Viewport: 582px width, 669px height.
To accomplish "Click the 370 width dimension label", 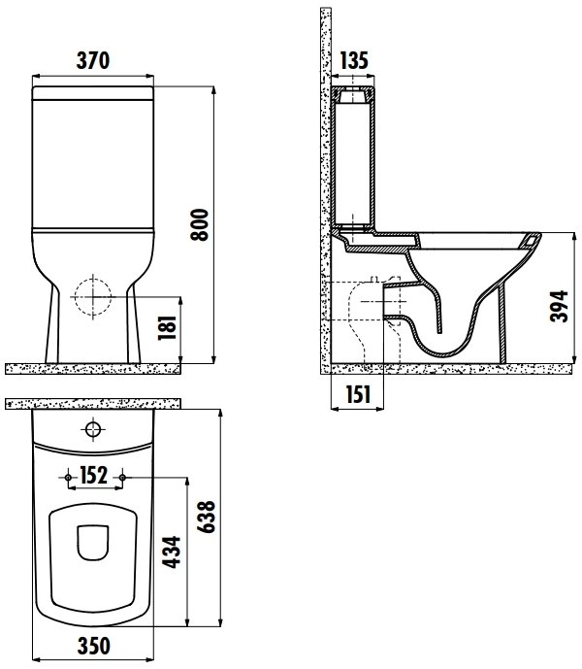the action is coord(93,60).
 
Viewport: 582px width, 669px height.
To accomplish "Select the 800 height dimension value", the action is coord(199,225).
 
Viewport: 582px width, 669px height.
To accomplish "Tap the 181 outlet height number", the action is coord(167,327).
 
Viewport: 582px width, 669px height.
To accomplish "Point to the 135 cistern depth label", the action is coord(354,60).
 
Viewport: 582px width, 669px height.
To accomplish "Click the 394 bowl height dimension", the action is coord(559,306).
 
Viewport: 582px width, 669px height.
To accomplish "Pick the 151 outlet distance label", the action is coord(358,394).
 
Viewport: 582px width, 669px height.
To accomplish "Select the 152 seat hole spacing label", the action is coord(94,476).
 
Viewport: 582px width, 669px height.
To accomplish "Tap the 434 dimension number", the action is coord(173,552).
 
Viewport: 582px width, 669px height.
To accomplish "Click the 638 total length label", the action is coord(206,517).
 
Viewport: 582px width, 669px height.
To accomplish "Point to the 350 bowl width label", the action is coord(93,646).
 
